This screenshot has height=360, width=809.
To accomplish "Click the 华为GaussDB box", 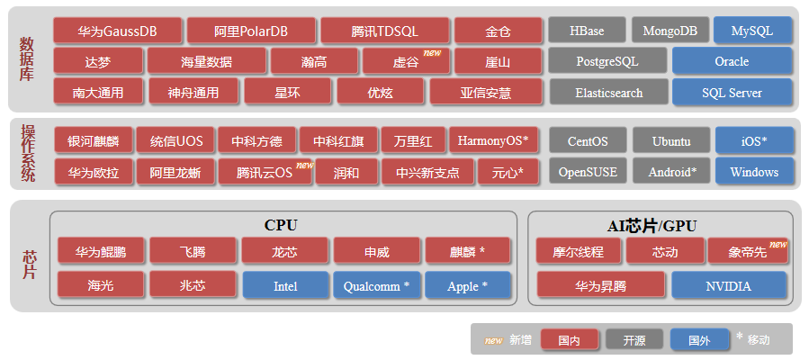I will point(117,31).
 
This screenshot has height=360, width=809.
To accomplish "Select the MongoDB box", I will point(670,31).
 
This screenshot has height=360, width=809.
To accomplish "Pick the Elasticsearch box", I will point(608,92).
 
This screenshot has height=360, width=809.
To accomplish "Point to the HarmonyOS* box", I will point(492,140).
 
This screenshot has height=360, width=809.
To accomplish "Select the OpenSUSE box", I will point(588,171).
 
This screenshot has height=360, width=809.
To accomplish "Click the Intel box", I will point(285,285).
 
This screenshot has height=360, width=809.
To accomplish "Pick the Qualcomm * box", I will point(377,285).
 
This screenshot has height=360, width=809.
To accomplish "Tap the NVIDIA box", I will point(729,285).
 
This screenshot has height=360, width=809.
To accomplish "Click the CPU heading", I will point(281,225).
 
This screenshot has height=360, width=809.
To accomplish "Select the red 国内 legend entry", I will point(569,340).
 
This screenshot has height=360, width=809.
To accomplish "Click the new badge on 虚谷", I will point(432,53).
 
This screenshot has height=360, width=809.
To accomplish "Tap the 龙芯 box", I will point(284,251).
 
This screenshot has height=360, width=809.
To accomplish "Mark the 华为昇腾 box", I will point(601,285).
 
